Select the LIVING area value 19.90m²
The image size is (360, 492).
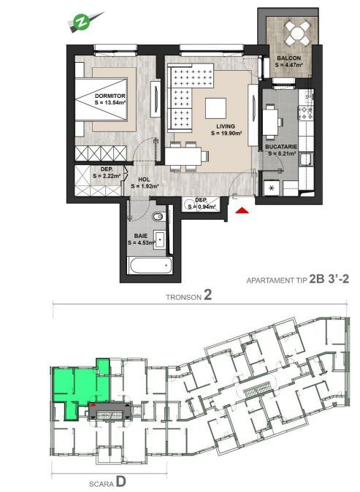click(x=225, y=134)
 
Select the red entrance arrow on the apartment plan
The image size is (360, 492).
click(x=242, y=212)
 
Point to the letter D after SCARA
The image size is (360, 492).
click(x=120, y=481)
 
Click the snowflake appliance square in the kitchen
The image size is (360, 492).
click(x=272, y=188)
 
